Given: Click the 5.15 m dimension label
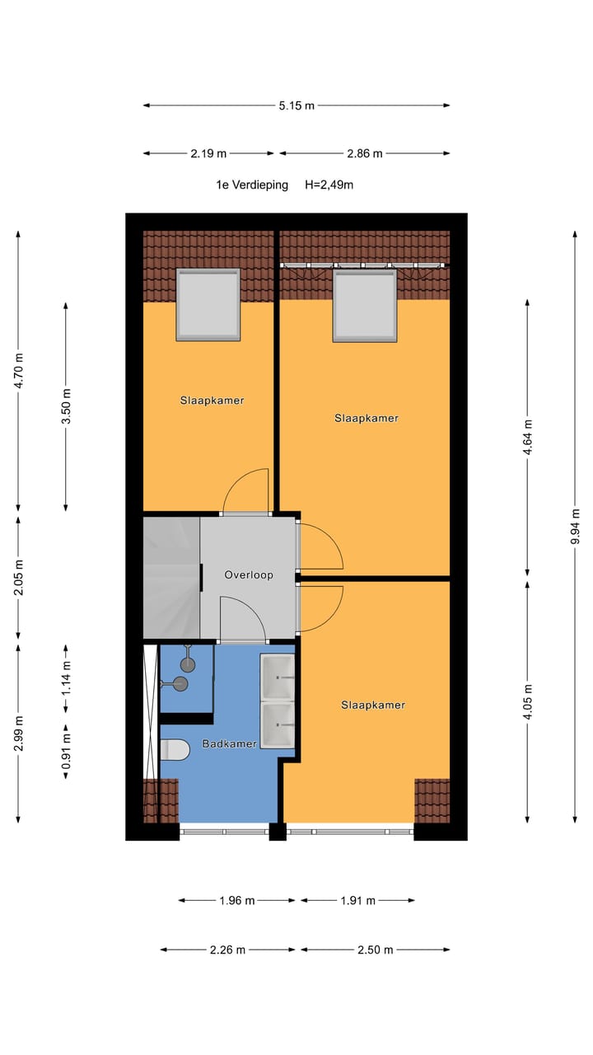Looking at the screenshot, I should tap(296, 105).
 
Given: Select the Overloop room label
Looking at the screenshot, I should tap(248, 574).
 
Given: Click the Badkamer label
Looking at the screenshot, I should tap(229, 743).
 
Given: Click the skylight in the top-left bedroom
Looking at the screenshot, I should tap(208, 304).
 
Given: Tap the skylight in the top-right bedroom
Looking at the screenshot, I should tap(364, 306).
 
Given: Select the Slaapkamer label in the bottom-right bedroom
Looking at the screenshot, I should tap(372, 705).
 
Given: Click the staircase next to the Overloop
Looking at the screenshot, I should tap(171, 577).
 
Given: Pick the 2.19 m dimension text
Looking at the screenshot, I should tap(208, 153).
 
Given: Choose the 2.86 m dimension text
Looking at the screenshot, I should tap(364, 153).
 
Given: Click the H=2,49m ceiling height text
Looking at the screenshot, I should tap(329, 185).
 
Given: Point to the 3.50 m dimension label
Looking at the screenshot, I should tap(67, 406).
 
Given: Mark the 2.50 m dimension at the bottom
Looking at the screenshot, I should tap(375, 949).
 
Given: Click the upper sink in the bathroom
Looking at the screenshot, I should tap(277, 677).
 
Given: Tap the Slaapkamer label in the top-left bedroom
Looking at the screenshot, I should tap(212, 401).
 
